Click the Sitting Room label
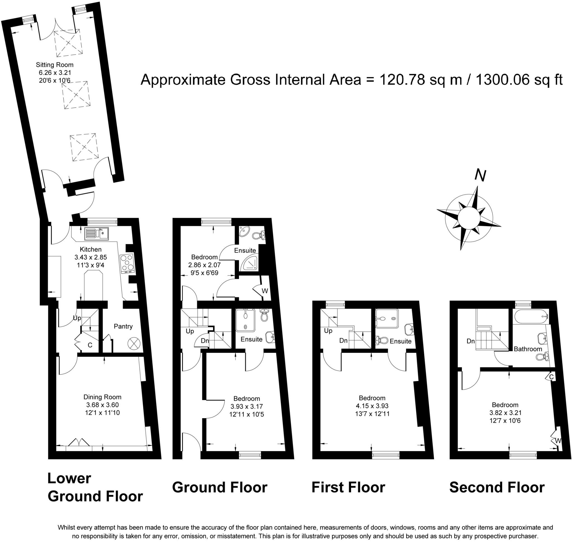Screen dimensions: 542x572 click(x=54, y=65)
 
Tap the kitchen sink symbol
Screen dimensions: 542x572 click(x=97, y=233)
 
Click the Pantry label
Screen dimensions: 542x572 click(x=123, y=326)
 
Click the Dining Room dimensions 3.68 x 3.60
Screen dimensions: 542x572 click(x=102, y=405)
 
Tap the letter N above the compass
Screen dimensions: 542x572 click(x=480, y=175)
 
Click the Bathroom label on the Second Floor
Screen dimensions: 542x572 click(x=528, y=349)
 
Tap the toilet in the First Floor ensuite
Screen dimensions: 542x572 click(x=382, y=340)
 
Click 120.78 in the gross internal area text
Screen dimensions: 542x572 click(x=402, y=79)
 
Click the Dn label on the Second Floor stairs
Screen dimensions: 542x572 click(x=470, y=341)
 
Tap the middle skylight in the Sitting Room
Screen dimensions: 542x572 click(x=76, y=95)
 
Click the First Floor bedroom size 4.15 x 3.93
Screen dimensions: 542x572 click(x=372, y=406)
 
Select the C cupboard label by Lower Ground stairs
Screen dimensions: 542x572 click(x=90, y=345)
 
